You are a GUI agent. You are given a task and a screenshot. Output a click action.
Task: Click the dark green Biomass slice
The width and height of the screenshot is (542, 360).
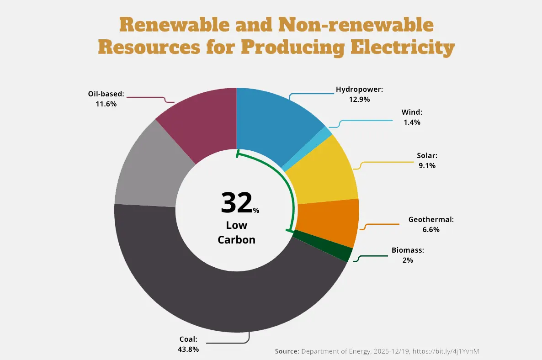(x=323, y=246)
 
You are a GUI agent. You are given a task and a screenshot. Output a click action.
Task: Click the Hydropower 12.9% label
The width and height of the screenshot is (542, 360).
(x=359, y=94)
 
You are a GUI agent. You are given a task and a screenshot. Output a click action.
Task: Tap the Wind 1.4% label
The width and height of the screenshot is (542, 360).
(x=412, y=117)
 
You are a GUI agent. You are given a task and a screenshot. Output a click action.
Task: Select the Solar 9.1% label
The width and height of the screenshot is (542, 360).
(x=427, y=160)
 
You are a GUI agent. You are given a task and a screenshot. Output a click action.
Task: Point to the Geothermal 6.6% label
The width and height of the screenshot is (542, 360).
(x=431, y=224)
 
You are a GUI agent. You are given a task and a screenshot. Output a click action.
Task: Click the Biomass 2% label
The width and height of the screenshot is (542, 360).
(x=408, y=255)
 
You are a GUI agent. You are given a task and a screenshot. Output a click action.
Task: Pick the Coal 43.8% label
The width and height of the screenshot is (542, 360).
(x=188, y=344)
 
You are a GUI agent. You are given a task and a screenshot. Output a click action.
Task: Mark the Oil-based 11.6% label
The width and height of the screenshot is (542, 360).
(x=106, y=99)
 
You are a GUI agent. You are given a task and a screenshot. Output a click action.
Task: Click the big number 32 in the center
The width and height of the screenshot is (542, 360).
(x=236, y=203)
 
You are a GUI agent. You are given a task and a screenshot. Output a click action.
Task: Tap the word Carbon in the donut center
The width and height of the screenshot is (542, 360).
(x=236, y=239)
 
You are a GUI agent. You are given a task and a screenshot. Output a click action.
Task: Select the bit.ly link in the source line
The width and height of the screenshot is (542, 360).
(x=448, y=351)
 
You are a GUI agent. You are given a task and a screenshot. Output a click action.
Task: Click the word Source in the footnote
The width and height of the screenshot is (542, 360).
(x=287, y=351)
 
